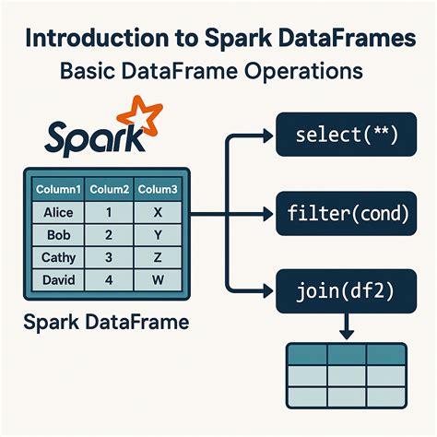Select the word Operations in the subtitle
pos(299,71)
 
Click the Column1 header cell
pos(58,189)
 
